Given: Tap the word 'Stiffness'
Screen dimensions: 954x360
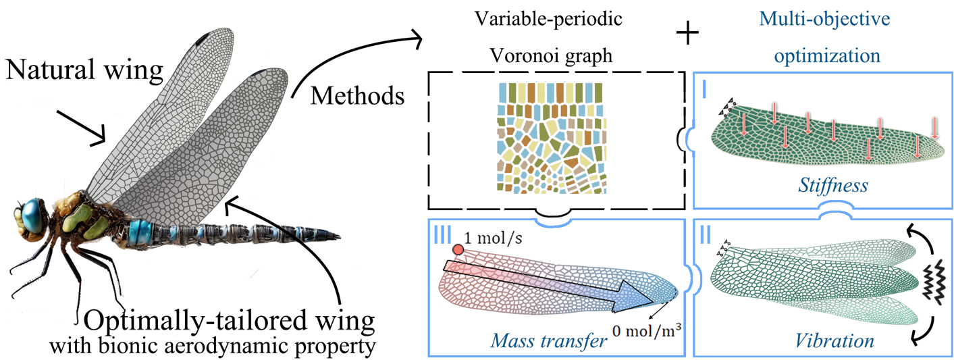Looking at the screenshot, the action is [x=832, y=186].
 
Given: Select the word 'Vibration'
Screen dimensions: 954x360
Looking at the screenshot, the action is [x=834, y=341].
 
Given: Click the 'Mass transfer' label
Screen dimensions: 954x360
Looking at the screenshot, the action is [x=549, y=341].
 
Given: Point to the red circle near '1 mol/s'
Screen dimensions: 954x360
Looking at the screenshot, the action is [x=458, y=250].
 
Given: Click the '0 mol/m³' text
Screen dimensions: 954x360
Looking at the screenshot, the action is [x=647, y=330].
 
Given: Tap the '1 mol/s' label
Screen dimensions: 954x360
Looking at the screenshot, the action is [x=493, y=238].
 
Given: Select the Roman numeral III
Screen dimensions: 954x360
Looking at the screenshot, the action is [x=442, y=235].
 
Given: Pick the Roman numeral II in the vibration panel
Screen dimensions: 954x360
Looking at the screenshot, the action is [x=706, y=235].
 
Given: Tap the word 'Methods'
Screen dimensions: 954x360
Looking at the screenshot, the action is [x=357, y=96].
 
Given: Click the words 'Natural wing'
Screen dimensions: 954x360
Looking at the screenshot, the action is [x=84, y=70].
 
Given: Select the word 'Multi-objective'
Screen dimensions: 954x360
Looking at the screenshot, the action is [x=824, y=19].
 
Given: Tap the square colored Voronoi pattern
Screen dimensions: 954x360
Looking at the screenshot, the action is [x=552, y=138].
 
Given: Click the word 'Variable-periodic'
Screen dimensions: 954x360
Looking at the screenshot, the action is [x=548, y=18].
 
